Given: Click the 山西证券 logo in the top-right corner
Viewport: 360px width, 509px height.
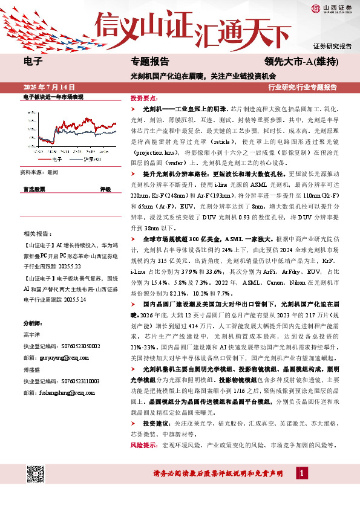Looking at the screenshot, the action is (x=332, y=8).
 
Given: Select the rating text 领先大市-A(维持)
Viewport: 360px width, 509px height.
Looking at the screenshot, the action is (x=301, y=62).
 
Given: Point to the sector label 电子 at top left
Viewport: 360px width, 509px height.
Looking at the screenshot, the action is (x=33, y=62).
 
